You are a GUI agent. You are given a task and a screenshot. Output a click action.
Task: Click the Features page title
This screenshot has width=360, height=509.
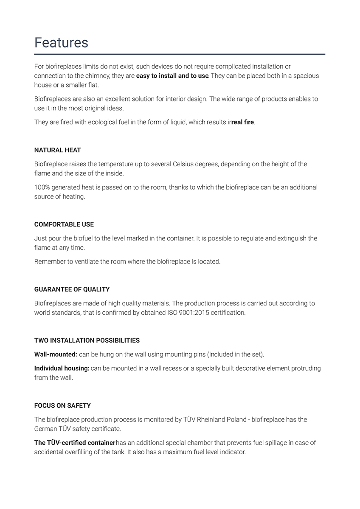pyautogui.click(x=61, y=42)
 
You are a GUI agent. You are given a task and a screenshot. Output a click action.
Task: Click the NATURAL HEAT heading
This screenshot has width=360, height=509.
pyautogui.click(x=57, y=150)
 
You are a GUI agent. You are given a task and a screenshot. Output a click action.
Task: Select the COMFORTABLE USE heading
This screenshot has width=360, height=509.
pyautogui.click(x=64, y=224)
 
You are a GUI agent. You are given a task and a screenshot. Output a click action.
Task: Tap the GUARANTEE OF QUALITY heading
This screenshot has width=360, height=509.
pyautogui.click(x=72, y=289)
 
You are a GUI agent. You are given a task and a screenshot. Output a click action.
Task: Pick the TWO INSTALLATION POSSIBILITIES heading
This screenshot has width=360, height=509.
pyautogui.click(x=87, y=340)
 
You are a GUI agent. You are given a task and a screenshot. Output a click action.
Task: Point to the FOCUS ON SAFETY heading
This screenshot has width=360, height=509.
pyautogui.click(x=62, y=406)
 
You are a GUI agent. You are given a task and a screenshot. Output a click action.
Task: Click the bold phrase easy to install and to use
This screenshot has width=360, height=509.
pyautogui.click(x=172, y=76)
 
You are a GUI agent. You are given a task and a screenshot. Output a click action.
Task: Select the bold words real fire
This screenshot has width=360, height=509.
pyautogui.click(x=242, y=122)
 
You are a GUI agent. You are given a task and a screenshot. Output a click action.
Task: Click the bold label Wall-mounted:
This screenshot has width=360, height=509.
pyautogui.click(x=56, y=354)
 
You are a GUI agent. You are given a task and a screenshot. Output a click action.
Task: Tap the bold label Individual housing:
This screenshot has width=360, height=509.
pyautogui.click(x=62, y=368)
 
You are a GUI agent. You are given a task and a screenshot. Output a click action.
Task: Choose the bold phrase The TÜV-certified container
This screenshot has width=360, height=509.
pyautogui.click(x=75, y=443)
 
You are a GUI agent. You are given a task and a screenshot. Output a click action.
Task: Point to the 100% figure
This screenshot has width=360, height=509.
pyautogui.click(x=42, y=187)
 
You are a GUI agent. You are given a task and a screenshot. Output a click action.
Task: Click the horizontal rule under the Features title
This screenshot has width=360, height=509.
pyautogui.click(x=180, y=54)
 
